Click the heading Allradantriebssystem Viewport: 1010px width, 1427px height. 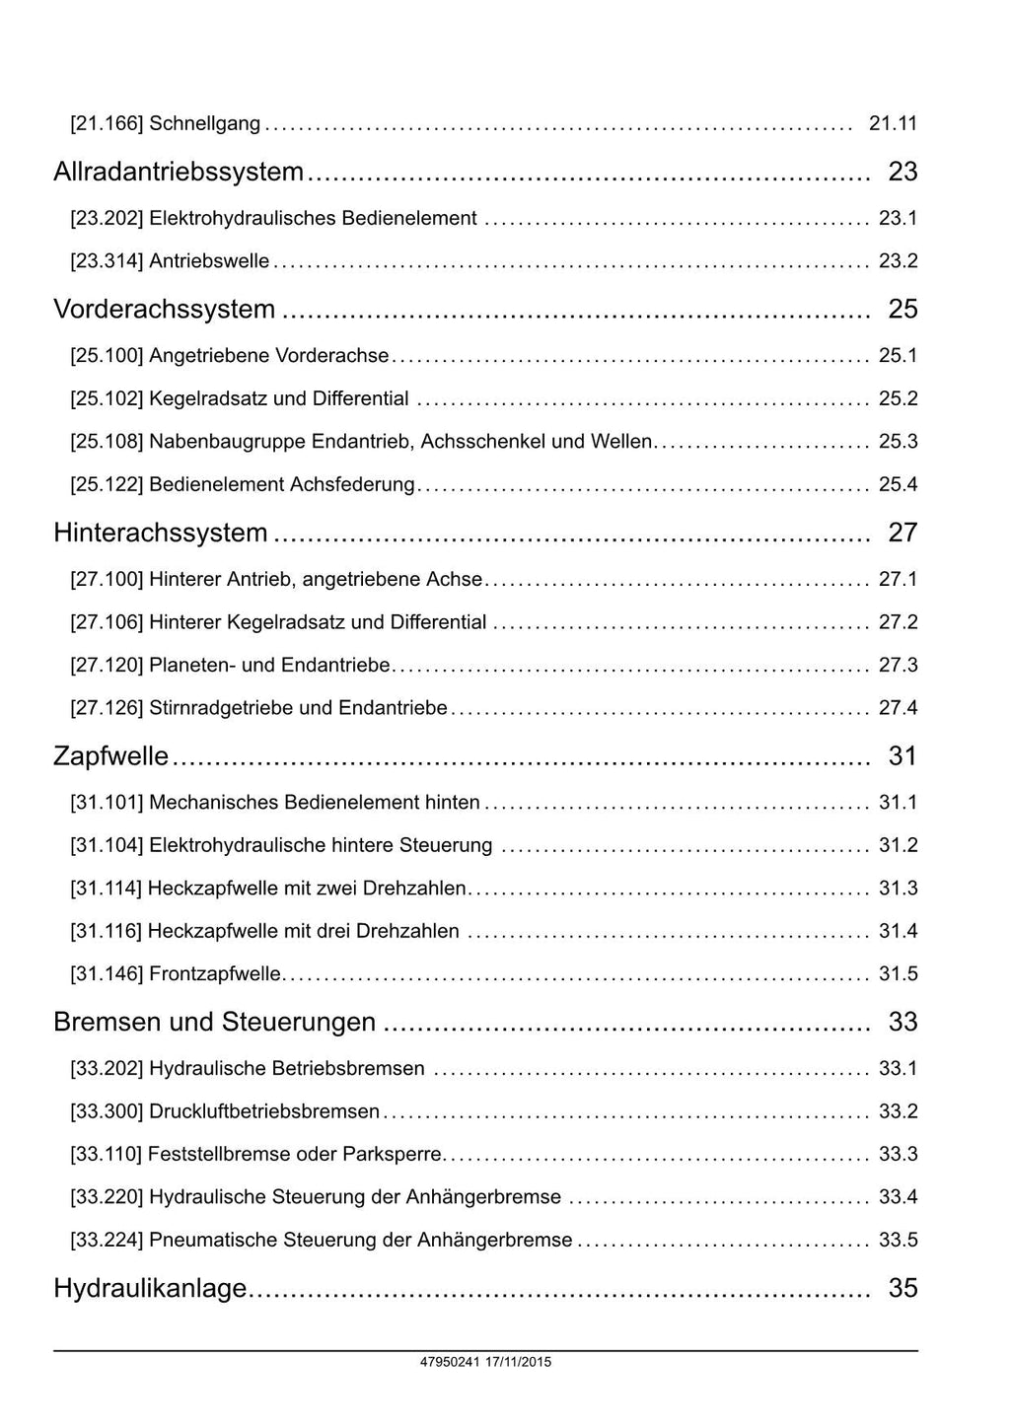pyautogui.click(x=179, y=172)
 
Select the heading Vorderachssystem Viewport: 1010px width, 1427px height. pyautogui.click(x=165, y=309)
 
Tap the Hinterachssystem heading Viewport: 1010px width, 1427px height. pyautogui.click(x=161, y=533)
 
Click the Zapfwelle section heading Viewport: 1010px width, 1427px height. pyautogui.click(x=111, y=756)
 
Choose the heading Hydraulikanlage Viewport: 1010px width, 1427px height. pyautogui.click(x=150, y=1288)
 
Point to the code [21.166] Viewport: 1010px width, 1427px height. pyautogui.click(x=107, y=124)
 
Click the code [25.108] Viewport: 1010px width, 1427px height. pyautogui.click(x=107, y=442)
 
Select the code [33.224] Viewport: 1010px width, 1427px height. pyautogui.click(x=107, y=1240)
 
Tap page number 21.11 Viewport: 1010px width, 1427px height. pyautogui.click(x=893, y=124)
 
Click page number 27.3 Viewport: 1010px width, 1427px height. pyautogui.click(x=898, y=665)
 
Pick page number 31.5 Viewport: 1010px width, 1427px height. pyautogui.click(x=898, y=974)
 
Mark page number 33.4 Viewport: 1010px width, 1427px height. pyautogui.click(x=898, y=1197)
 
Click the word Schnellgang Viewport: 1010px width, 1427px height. pyautogui.click(x=205, y=124)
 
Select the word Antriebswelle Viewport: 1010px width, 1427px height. pyautogui.click(x=209, y=261)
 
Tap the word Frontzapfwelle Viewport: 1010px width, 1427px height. pyautogui.click(x=215, y=974)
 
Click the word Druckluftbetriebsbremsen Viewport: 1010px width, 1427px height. pyautogui.click(x=264, y=1111)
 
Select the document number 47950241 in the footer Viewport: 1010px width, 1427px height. pyautogui.click(x=450, y=1362)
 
